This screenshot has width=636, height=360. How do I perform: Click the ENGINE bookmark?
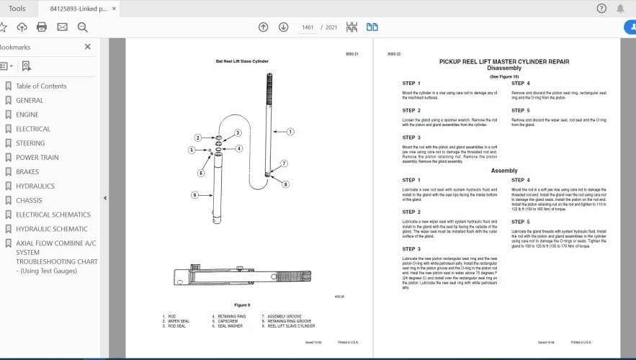[x=27, y=114]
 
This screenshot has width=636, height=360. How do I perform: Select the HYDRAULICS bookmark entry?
[x=35, y=186]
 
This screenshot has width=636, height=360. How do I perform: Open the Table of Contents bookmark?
[x=41, y=86]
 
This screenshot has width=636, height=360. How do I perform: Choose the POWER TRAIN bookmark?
[x=37, y=157]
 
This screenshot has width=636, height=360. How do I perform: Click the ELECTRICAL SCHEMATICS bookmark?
[x=53, y=215]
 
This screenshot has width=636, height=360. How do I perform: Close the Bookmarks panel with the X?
[x=88, y=47]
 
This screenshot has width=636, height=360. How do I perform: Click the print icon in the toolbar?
[x=42, y=27]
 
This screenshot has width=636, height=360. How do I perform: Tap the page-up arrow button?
[x=264, y=27]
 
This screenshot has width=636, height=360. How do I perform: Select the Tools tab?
[x=17, y=9]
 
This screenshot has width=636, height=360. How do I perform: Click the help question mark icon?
[x=601, y=9]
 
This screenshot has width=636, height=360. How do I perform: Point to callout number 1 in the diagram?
[x=290, y=132]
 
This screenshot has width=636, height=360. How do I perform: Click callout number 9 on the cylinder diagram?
[x=194, y=194]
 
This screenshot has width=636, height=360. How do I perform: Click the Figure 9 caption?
[x=241, y=305]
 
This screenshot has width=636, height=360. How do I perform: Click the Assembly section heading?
[x=504, y=171]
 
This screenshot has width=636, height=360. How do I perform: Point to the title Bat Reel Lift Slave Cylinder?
[x=242, y=61]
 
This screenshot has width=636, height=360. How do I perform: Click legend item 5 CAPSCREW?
[x=228, y=321]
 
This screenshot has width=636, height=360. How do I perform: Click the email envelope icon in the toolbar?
[x=62, y=27]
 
